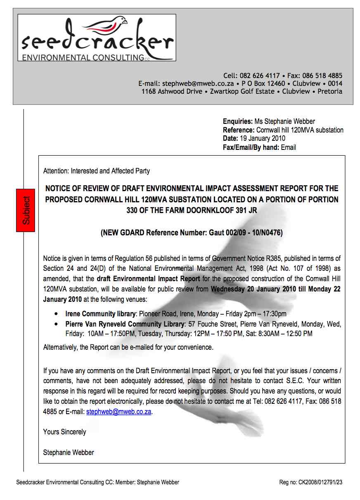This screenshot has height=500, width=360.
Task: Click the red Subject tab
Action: pyautogui.click(x=26, y=210)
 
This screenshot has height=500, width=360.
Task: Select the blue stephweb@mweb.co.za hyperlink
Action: pyautogui.click(x=118, y=412)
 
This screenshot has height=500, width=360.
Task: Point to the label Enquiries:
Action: pyautogui.click(x=238, y=121)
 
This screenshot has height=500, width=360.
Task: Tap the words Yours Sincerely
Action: pyautogui.click(x=64, y=432)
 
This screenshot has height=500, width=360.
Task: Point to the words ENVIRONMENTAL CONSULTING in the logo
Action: pyautogui.click(x=83, y=57)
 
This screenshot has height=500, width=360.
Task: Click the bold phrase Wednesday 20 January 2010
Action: pyautogui.click(x=253, y=289)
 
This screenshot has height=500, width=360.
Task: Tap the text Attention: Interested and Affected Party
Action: pyautogui.click(x=96, y=171)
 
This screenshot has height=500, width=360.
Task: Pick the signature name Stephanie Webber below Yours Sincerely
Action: pyautogui.click(x=69, y=453)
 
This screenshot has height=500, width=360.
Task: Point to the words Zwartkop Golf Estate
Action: pyautogui.click(x=242, y=91)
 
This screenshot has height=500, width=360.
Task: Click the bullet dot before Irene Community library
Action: pyautogui.click(x=56, y=314)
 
